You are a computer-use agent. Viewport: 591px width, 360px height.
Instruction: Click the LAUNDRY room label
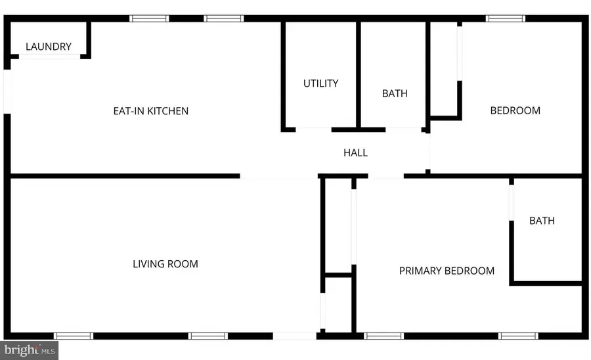pos(49,47)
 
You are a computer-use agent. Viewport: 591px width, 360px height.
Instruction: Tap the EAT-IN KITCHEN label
pos(151,111)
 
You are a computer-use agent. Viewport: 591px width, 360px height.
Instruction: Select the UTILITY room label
pos(320,83)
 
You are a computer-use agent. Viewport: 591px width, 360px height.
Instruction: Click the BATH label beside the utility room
pos(395,93)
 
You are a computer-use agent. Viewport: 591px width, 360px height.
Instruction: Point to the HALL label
pos(355,152)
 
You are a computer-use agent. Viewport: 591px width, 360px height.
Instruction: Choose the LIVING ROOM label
pos(165,264)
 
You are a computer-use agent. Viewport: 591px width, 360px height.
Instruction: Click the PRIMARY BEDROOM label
pos(447,271)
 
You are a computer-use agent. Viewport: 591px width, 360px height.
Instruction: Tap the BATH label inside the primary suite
pos(542,221)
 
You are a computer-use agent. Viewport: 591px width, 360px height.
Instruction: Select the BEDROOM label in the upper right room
pos(515,110)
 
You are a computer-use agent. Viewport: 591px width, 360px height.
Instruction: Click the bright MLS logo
pos(29,351)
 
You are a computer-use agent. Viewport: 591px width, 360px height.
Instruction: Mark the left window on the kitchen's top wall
pos(149,18)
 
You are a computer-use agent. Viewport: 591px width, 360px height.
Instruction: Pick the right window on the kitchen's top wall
pos(224,18)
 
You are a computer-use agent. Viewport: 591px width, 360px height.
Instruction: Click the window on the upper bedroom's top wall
pos(506,18)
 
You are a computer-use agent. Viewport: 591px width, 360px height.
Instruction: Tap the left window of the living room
pos(74,336)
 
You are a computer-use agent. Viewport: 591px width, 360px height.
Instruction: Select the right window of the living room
pos(208,336)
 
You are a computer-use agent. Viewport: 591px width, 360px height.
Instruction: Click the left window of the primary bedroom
pos(383,336)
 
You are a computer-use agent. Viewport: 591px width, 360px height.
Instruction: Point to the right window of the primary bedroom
pos(518,336)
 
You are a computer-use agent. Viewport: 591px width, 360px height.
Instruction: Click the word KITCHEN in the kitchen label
pos(167,111)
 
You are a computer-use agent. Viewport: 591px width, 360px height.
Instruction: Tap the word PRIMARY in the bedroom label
pos(421,271)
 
